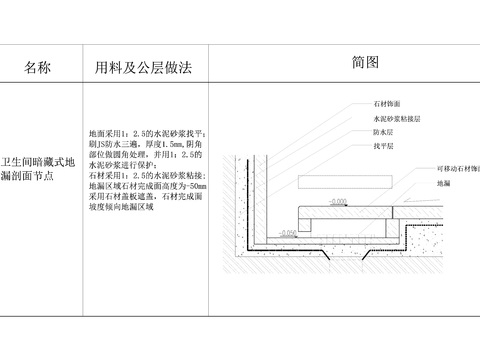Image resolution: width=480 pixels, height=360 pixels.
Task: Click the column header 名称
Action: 37,67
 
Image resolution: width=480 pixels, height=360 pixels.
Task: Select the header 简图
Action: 365,62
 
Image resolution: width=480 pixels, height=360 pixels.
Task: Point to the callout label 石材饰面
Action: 388,103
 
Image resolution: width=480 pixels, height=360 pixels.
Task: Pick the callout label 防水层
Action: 384,131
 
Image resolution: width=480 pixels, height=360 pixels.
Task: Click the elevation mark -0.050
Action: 288,232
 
